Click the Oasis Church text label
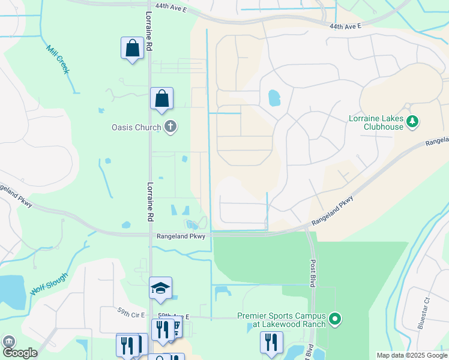click(x=136, y=127)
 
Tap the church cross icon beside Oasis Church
click(x=170, y=127)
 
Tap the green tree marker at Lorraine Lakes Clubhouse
click(x=412, y=122)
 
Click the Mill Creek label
click(x=58, y=59)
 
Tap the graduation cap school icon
click(x=161, y=289)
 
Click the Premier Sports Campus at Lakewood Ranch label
click(x=282, y=320)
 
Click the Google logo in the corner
click(x=20, y=353)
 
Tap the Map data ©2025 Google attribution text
click(x=411, y=355)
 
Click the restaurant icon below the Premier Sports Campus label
click(x=271, y=343)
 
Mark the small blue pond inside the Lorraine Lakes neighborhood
click(x=274, y=97)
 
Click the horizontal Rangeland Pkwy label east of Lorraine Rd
click(x=181, y=236)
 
